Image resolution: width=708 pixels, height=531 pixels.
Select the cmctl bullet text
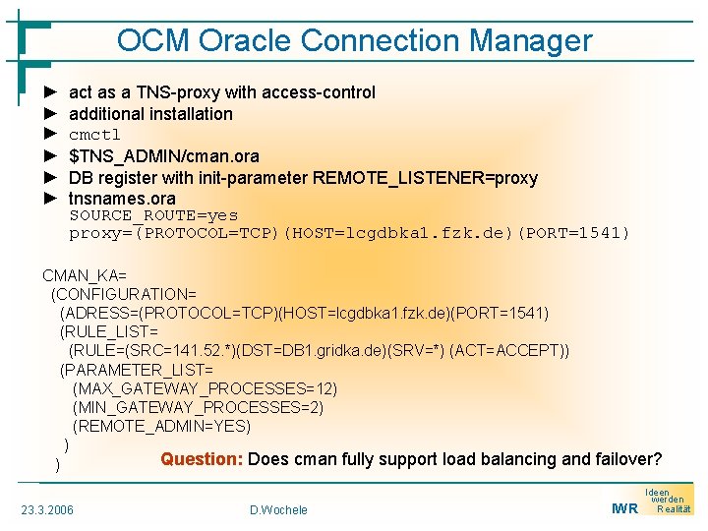tap(94, 135)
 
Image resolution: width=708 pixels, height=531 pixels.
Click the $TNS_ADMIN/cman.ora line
tap(164, 156)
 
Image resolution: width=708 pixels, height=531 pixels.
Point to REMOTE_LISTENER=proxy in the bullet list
tap(425, 178)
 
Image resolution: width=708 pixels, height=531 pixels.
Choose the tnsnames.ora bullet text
tap(122, 199)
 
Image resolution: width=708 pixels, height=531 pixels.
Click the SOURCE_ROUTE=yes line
tap(153, 215)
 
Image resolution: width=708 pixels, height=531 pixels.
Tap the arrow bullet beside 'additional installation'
tap(52, 114)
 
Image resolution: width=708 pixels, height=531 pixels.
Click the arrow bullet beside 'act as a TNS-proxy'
tap(52, 92)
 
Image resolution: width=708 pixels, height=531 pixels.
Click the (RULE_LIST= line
tap(108, 332)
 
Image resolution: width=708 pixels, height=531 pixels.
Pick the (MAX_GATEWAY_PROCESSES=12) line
tap(205, 388)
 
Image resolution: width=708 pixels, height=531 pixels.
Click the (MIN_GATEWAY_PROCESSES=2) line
tap(198, 407)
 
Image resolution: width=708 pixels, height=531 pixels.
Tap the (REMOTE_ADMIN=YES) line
tap(161, 426)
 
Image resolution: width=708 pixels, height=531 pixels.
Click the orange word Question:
tap(202, 459)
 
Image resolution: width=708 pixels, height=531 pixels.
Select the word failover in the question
tap(623, 459)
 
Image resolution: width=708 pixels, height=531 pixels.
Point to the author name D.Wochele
tap(278, 509)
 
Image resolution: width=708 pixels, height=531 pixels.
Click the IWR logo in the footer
tap(624, 508)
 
